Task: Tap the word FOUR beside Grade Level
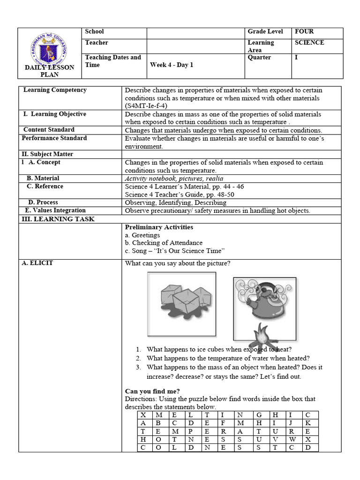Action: click(x=304, y=32)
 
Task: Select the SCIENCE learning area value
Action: click(x=309, y=43)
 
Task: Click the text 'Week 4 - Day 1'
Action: click(x=172, y=65)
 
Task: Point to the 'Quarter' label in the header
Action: click(x=259, y=58)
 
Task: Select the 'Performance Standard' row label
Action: click(x=54, y=138)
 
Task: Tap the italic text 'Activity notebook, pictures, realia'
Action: click(x=174, y=178)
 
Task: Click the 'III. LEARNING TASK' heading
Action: click(x=58, y=219)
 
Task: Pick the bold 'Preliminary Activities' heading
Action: click(x=159, y=227)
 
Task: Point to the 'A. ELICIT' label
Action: click(x=37, y=263)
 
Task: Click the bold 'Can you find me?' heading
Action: click(x=152, y=391)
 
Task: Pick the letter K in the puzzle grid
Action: click(x=307, y=423)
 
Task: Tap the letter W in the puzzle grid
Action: click(x=292, y=439)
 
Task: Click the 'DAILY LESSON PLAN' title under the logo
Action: click(x=50, y=71)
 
